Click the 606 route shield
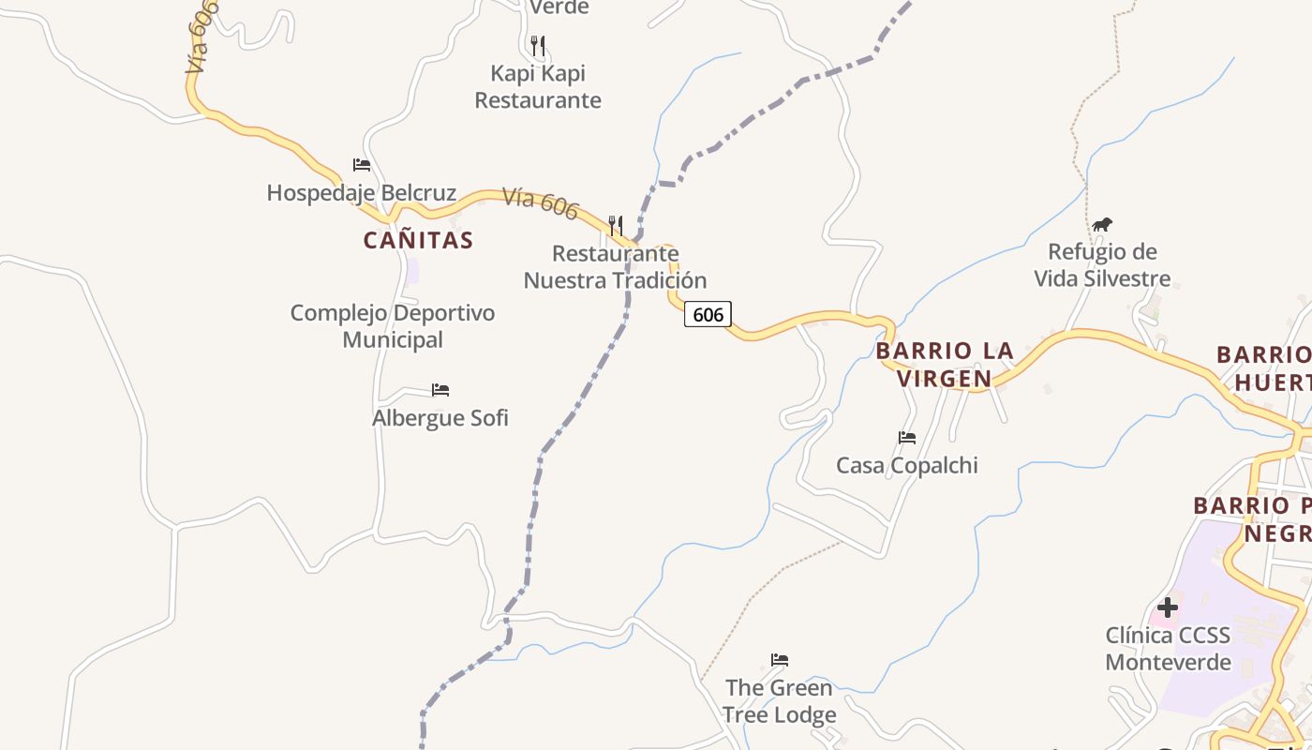pos(708,314)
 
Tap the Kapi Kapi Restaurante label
pos(538,86)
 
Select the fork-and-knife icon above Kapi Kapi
pos(537,44)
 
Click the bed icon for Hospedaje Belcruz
pos(362,165)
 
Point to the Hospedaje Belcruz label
pos(362,193)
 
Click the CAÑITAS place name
pos(418,240)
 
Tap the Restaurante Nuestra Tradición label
pos(615,267)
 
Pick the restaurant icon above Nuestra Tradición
pos(615,225)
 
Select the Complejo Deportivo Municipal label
pos(393,326)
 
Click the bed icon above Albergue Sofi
pos(440,389)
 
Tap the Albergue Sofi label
pos(440,417)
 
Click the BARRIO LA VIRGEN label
pos(945,365)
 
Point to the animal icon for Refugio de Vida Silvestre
pos(1102,224)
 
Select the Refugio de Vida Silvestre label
pos(1102,265)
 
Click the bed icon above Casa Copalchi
pos(907,437)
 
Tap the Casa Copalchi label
pos(907,465)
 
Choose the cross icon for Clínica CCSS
pos(1167,607)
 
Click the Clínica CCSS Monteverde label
pos(1168,649)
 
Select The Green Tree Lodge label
pos(779,701)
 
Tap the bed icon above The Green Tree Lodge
pos(779,659)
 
